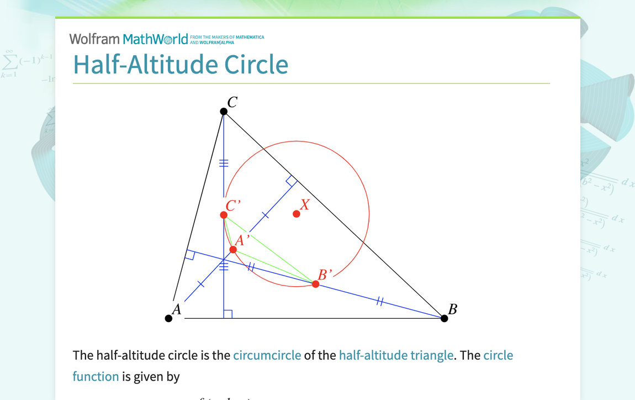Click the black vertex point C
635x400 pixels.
coord(224,112)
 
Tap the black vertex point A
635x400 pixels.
coord(169,318)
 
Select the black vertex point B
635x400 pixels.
coord(444,318)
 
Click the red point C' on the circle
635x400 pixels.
coord(224,215)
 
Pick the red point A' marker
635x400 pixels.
coord(233,250)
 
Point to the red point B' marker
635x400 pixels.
coord(315,284)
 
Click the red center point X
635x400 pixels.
coord(297,214)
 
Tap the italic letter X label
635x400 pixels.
coord(305,204)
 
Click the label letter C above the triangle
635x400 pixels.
coord(232,102)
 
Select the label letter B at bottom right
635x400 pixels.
coord(453,309)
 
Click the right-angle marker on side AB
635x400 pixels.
coord(227,314)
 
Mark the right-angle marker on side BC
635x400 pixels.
coord(292,181)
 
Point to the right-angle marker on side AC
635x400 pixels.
coord(190,255)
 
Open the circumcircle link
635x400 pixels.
coord(267,355)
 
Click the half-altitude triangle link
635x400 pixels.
coord(396,355)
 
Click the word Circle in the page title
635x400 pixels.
coord(256,65)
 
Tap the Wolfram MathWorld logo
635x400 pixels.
coord(129,39)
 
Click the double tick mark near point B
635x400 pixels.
coord(379,301)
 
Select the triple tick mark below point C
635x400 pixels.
coord(224,162)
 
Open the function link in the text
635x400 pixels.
coord(96,376)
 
